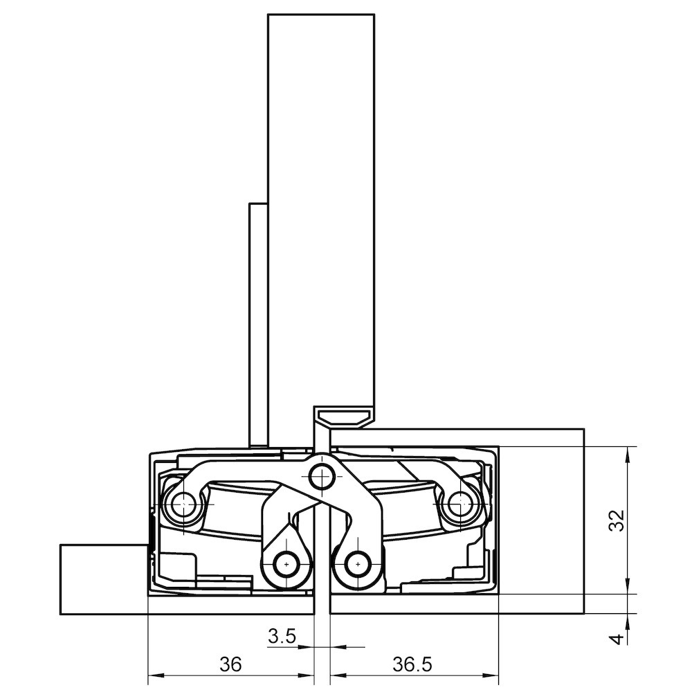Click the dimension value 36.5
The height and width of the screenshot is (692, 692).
click(412, 664)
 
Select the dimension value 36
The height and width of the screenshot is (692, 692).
click(231, 664)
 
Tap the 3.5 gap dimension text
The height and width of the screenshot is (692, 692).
click(282, 637)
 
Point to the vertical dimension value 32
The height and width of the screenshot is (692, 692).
click(617, 520)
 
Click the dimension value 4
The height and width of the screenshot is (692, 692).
click(618, 639)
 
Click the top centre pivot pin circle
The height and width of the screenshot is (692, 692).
click(322, 477)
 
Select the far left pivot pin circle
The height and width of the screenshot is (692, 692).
click(183, 504)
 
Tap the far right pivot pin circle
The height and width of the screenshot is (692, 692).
click(460, 503)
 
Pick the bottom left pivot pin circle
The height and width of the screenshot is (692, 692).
click(286, 564)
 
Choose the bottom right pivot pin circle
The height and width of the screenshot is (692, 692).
click(357, 564)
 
